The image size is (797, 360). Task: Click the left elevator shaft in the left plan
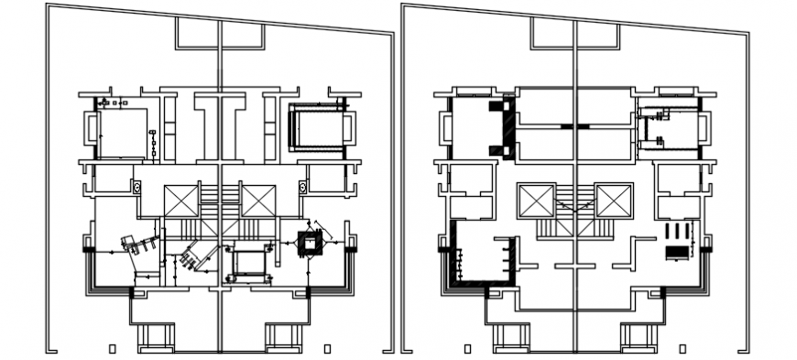click(181, 201)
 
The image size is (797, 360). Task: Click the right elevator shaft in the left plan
click(258, 201)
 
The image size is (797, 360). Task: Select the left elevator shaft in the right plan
click(536, 201)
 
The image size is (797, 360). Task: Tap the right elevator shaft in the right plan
click(613, 201)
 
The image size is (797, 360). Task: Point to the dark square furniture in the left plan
click(311, 242)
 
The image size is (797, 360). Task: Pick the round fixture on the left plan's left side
click(136, 188)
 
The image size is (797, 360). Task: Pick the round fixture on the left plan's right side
click(302, 188)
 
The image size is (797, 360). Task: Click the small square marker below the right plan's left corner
click(467, 348)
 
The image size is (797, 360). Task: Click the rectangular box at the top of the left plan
click(219, 34)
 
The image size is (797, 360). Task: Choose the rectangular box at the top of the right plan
click(574, 34)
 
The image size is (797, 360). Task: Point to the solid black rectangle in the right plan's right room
click(676, 249)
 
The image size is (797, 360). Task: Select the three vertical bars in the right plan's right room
click(676, 229)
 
